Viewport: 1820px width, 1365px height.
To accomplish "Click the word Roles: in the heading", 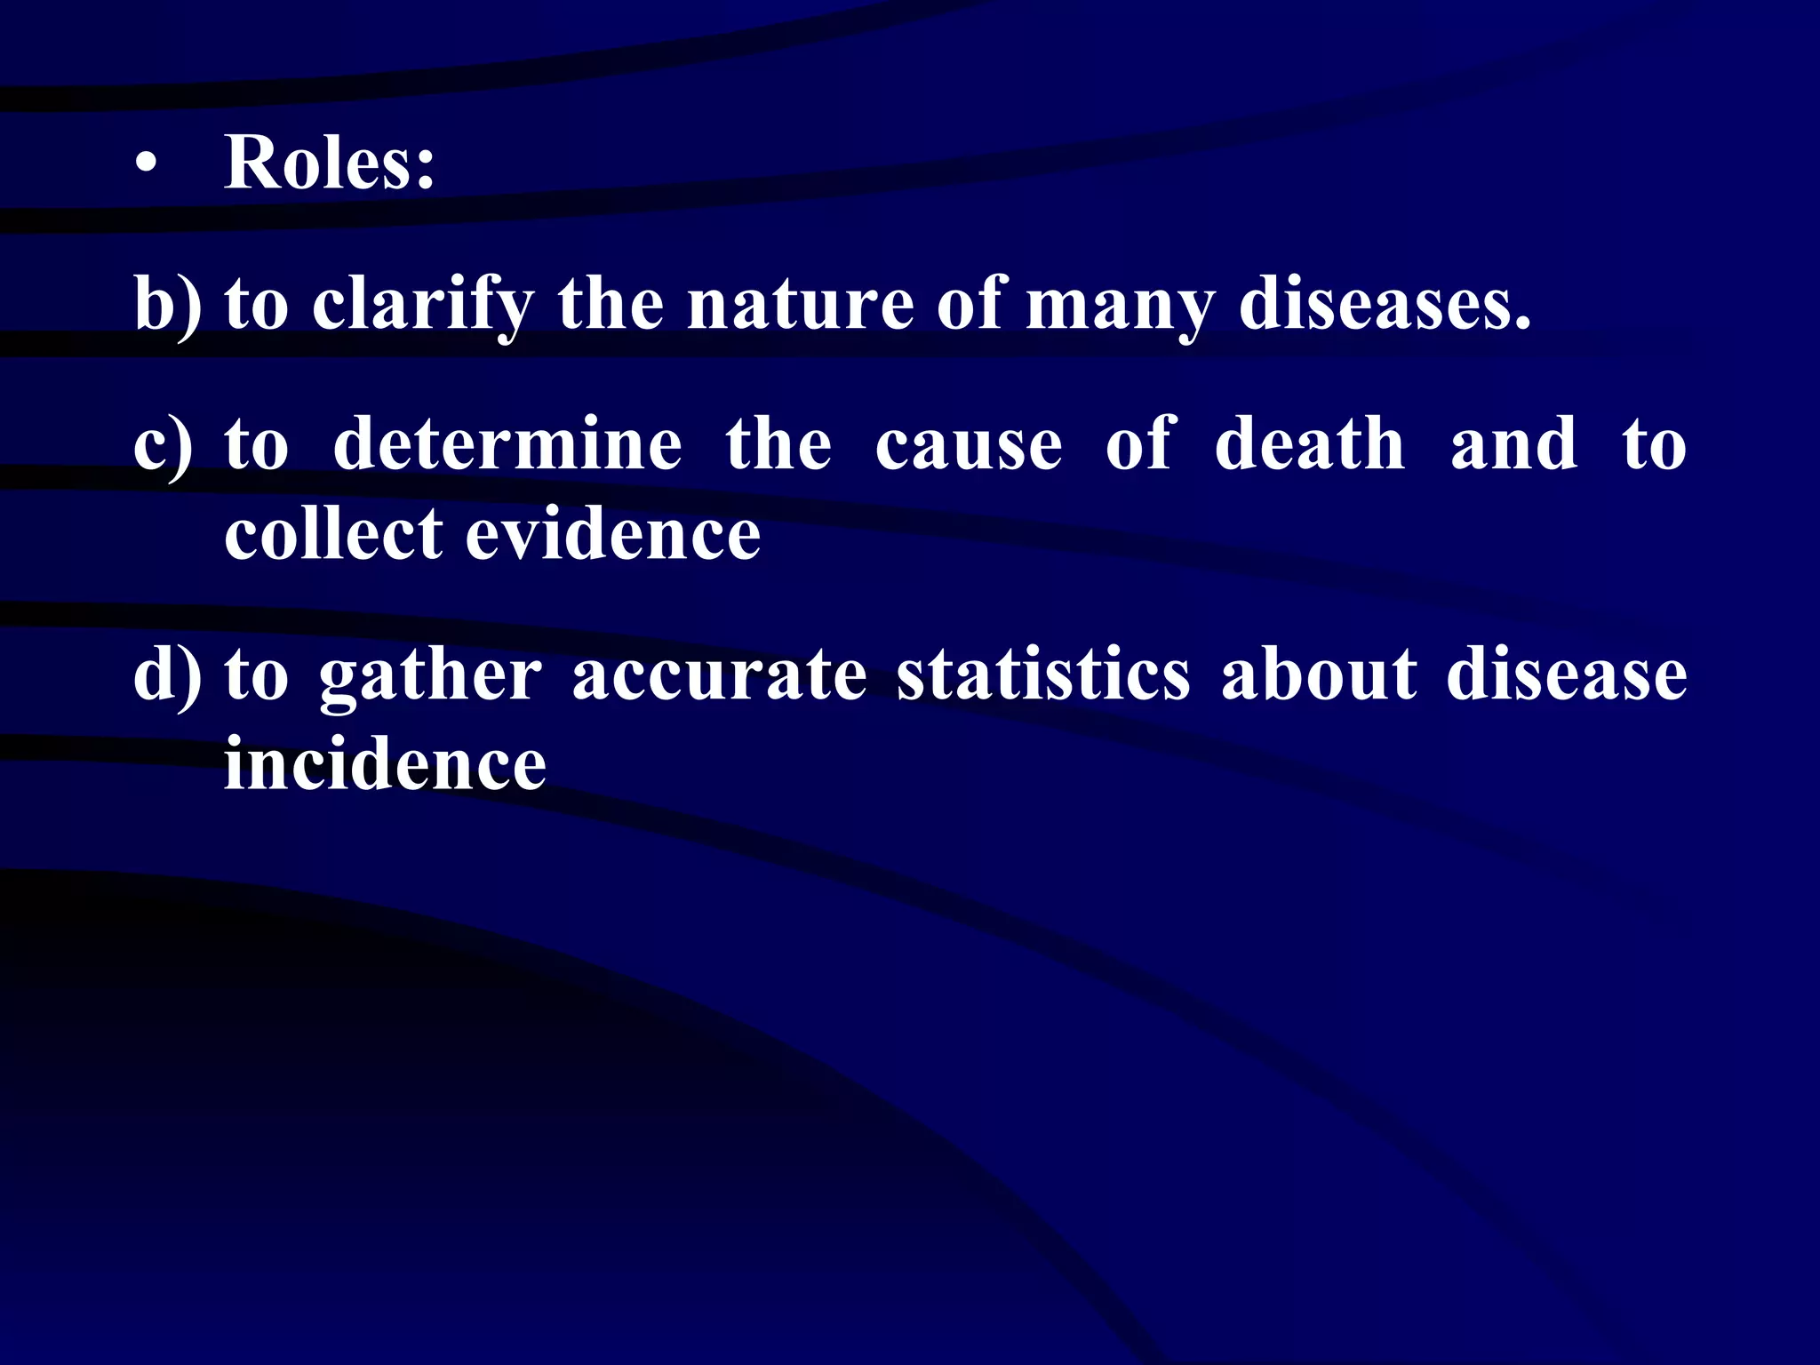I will click(330, 163).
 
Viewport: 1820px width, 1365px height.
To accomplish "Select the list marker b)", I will click(167, 304).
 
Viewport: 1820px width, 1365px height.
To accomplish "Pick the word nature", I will click(801, 304).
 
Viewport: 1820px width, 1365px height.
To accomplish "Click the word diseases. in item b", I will click(1385, 304).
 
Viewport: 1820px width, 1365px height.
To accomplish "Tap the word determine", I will click(507, 443).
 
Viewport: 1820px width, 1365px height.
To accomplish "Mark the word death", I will click(1309, 443).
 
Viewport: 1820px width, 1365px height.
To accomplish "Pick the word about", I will click(1319, 674).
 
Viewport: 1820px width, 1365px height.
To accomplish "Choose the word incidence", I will click(385, 763).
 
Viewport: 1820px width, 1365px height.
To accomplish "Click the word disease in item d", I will click(1566, 674).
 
